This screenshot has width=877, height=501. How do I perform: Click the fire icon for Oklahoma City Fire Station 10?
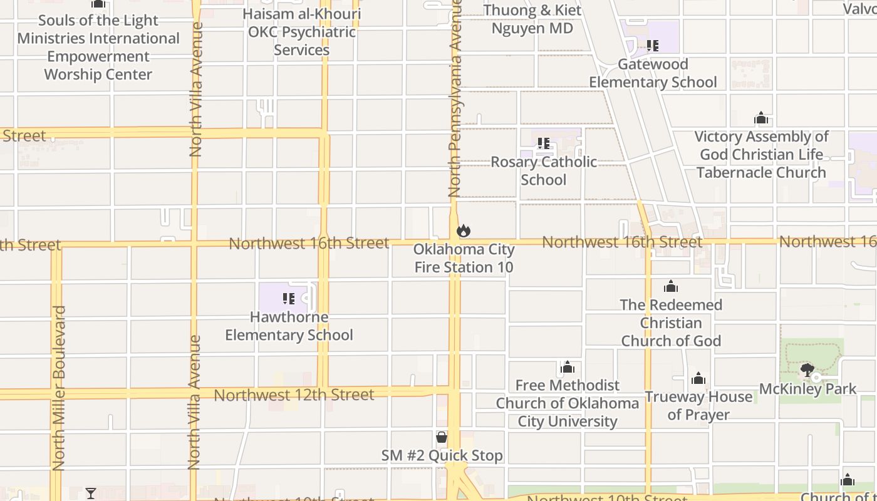(x=464, y=231)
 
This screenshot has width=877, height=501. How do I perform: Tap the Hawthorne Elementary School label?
(x=289, y=326)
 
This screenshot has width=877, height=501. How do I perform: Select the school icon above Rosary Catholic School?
(x=543, y=143)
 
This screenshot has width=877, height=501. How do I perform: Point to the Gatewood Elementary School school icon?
(x=653, y=46)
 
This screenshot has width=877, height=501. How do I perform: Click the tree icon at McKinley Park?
(x=807, y=369)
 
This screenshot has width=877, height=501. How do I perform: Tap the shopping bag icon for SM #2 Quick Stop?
(x=442, y=437)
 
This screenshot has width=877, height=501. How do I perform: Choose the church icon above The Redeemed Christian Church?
(x=671, y=287)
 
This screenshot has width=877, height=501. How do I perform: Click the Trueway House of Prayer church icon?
(x=698, y=378)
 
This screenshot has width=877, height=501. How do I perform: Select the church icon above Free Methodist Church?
(x=568, y=367)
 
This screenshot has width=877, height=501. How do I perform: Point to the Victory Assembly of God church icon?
(x=761, y=118)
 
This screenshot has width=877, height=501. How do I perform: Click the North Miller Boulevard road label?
(x=59, y=388)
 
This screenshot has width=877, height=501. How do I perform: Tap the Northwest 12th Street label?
(x=294, y=395)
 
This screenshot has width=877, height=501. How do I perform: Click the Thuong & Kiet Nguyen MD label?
(x=532, y=19)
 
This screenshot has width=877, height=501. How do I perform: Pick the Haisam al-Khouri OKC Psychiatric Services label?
(x=301, y=32)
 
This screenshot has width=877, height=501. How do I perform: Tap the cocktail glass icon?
(x=91, y=493)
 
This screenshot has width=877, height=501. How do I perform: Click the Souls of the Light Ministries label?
(x=98, y=48)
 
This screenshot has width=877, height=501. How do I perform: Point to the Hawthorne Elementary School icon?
(x=289, y=298)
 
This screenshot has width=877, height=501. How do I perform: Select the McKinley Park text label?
(x=807, y=389)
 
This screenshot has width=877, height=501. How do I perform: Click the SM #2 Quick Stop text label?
(x=442, y=455)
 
